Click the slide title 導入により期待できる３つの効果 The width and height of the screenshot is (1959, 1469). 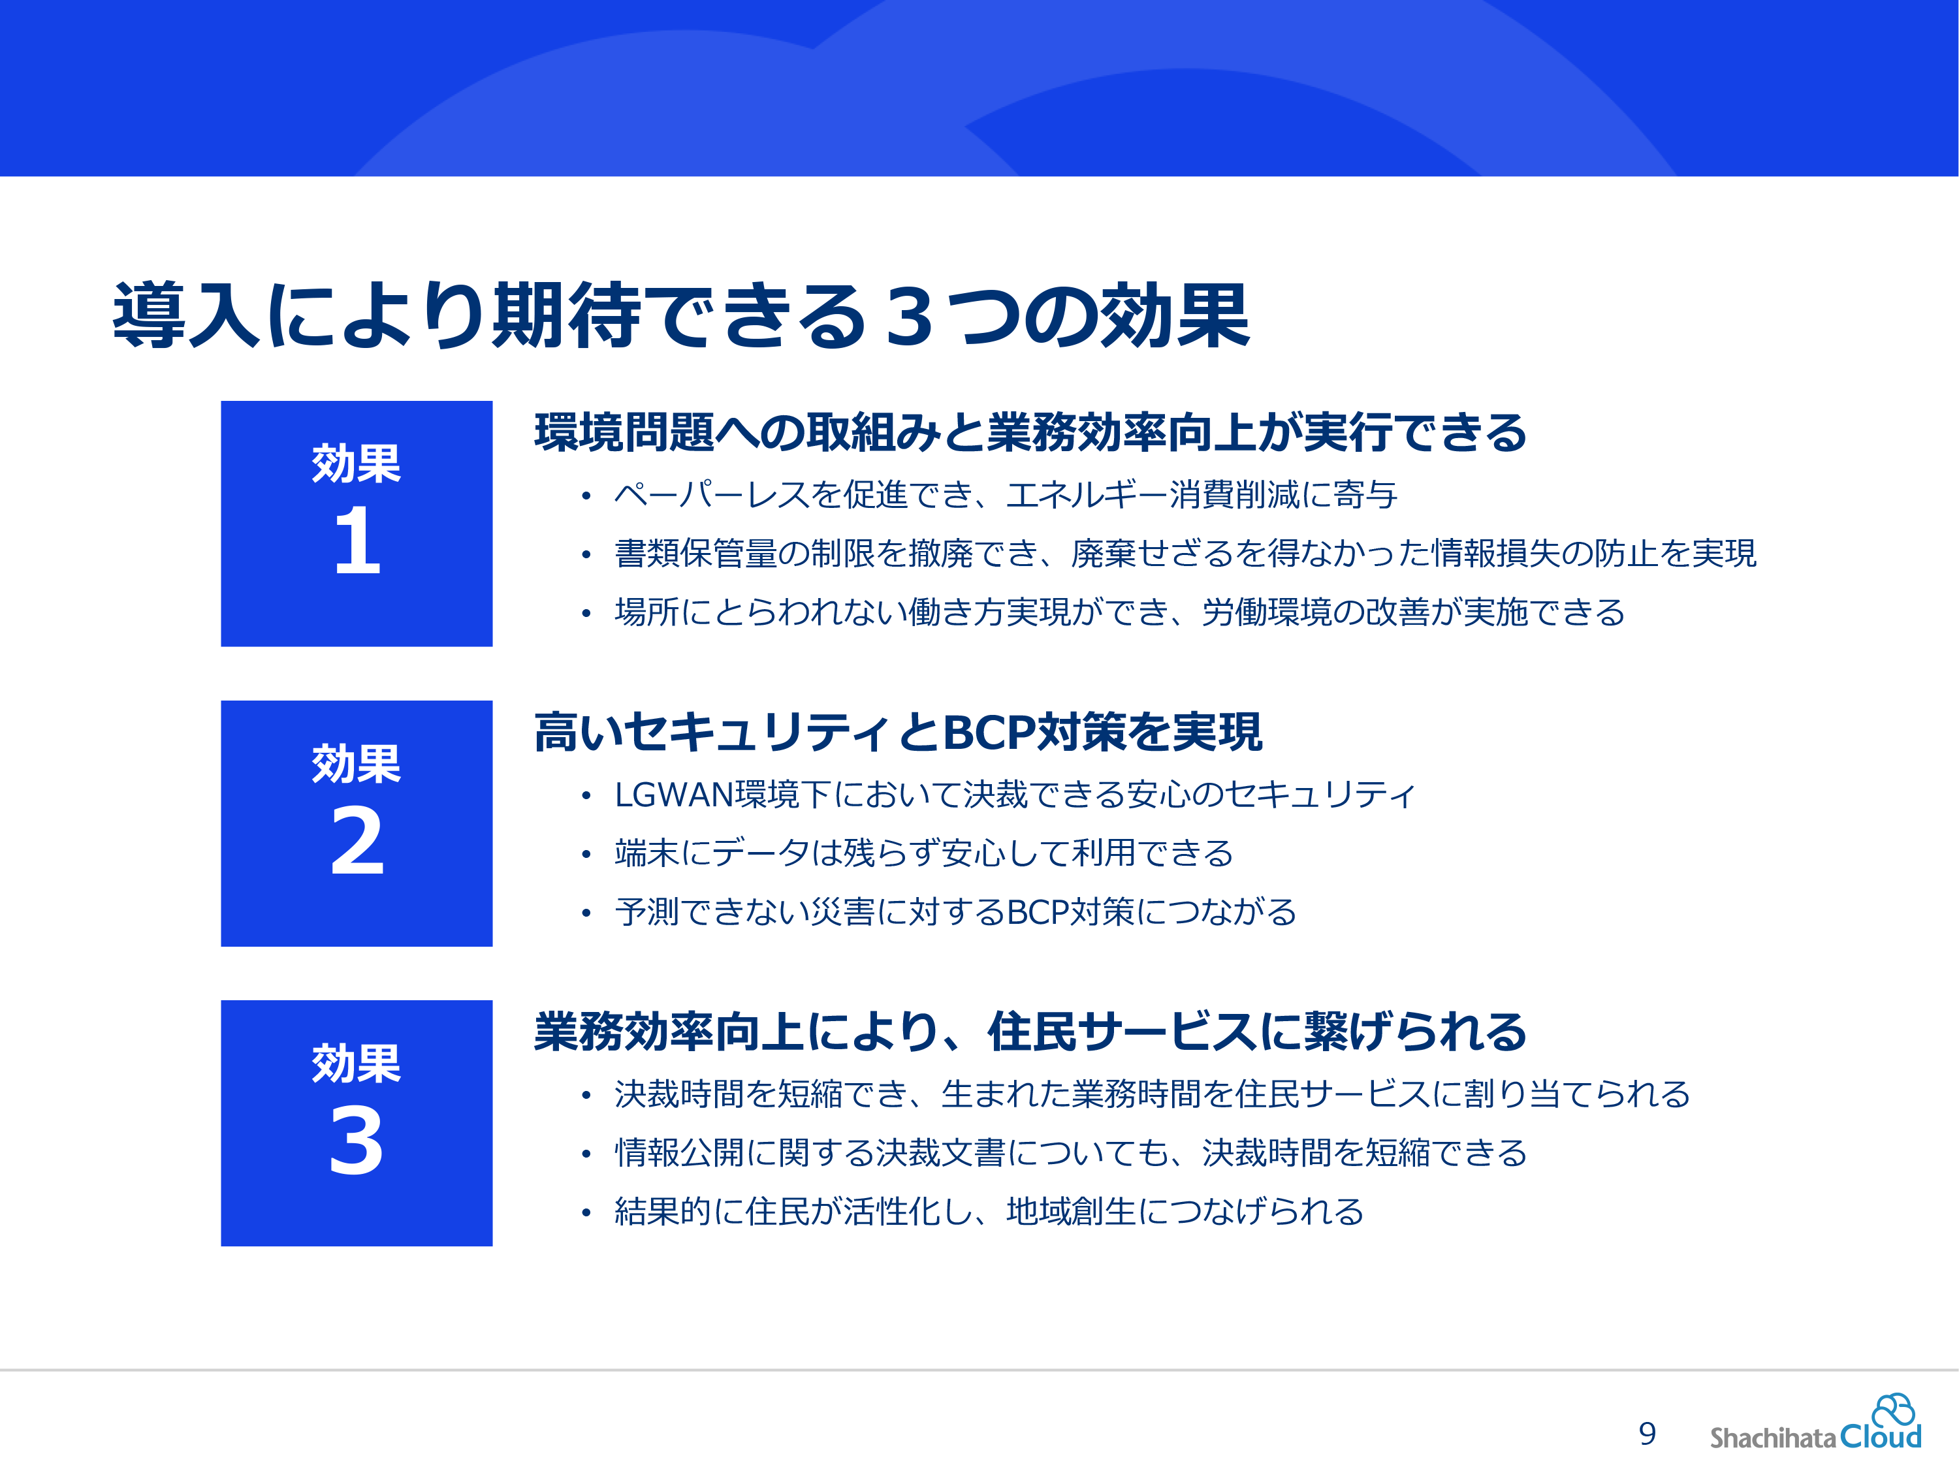[x=680, y=315]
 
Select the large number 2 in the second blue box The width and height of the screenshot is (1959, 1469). [x=357, y=840]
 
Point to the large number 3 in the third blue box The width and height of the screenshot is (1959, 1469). [x=357, y=1141]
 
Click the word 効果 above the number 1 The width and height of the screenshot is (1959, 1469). [x=356, y=463]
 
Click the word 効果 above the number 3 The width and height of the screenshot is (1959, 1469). [x=356, y=1062]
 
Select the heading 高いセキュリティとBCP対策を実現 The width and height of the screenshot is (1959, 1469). [x=898, y=733]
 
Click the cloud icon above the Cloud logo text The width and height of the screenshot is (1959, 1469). [x=1894, y=1409]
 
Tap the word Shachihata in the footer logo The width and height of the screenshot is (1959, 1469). [x=1773, y=1437]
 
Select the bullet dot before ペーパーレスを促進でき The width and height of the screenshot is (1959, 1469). [x=585, y=496]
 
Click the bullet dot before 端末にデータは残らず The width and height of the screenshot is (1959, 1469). [x=585, y=855]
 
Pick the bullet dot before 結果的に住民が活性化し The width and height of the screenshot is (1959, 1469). [x=585, y=1213]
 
